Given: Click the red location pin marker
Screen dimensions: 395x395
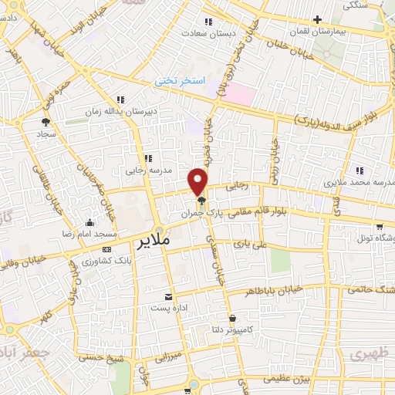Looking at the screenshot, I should (x=199, y=181).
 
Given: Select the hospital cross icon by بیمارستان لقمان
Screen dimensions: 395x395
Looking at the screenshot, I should (x=317, y=19).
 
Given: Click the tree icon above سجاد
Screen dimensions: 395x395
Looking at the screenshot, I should (x=46, y=121).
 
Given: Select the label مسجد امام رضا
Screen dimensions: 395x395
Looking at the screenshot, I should (x=91, y=233).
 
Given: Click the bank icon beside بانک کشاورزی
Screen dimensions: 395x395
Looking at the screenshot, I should (x=106, y=248).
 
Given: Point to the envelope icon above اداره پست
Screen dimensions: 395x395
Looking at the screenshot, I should (x=169, y=297).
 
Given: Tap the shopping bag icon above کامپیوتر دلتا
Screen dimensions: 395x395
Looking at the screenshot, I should (x=232, y=317).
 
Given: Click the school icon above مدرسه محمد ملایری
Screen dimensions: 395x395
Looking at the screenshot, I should (x=359, y=170).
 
